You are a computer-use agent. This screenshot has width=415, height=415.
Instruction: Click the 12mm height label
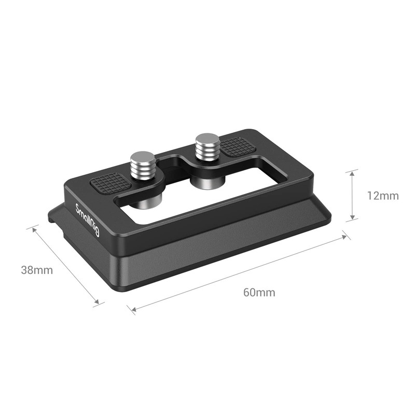(x=383, y=196)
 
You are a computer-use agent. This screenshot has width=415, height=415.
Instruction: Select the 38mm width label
(x=36, y=270)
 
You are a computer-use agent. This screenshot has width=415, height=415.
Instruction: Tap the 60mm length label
(x=259, y=292)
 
